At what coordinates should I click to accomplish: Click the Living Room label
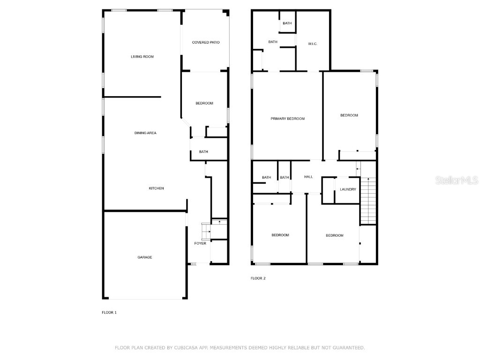coord(142,57)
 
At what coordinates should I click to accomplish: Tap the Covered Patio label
coord(206,43)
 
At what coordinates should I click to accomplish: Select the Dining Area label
coord(145,133)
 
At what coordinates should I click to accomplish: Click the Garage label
coord(144,257)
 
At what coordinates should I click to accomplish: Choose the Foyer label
coord(200,243)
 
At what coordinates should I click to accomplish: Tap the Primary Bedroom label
coord(287,119)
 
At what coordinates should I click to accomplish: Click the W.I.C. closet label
coord(313,44)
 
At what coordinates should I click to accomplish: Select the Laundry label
coord(348,189)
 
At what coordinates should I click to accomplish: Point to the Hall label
coord(308,177)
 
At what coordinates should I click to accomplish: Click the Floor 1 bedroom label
coord(204,104)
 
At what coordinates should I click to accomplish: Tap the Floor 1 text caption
coord(109,312)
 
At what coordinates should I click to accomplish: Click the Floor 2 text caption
coord(258,278)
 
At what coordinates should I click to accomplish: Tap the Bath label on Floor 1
coord(203,152)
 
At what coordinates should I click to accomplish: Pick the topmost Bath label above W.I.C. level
coord(287,23)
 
